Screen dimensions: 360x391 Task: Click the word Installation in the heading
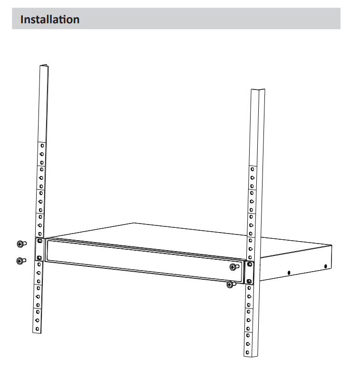50,20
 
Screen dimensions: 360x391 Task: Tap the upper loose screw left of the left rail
21,244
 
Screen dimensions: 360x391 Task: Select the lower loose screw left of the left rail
21,261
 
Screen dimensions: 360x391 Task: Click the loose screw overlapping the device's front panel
234,266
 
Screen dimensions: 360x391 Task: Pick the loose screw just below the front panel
231,284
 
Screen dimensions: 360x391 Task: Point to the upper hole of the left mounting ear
39,241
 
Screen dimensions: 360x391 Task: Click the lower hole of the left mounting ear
39,258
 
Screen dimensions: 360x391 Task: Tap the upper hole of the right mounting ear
250,264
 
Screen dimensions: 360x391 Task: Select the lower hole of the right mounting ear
249,281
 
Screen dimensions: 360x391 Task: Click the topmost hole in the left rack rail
42,146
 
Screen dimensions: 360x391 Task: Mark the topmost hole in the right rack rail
253,169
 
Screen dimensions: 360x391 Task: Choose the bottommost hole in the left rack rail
37,329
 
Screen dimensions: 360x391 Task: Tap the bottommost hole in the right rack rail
247,352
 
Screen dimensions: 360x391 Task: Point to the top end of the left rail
44,66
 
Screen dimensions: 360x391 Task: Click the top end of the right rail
258,90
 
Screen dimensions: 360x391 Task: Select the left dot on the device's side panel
289,273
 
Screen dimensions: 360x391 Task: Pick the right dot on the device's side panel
325,266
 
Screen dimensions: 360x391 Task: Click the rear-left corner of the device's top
134,223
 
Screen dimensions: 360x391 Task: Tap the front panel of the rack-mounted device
145,261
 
